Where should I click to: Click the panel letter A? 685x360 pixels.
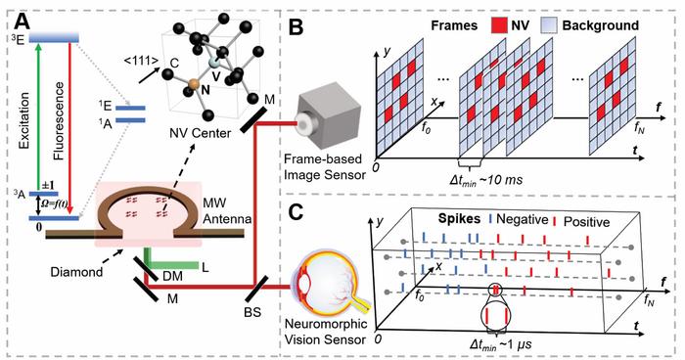click(19, 17)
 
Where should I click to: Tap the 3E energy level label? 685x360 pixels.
click(15, 38)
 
